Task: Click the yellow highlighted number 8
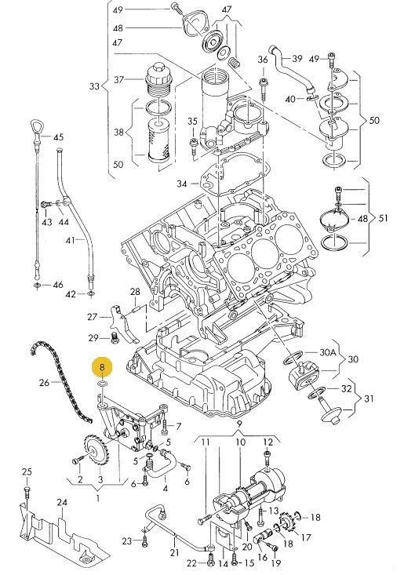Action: click(102, 366)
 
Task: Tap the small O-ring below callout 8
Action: click(102, 384)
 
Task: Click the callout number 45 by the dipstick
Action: click(58, 137)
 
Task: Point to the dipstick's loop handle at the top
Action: click(36, 127)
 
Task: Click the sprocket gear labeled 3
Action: click(96, 451)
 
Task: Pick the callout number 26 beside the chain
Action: click(44, 383)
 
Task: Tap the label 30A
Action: click(328, 352)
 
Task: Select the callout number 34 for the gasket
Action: click(182, 184)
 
